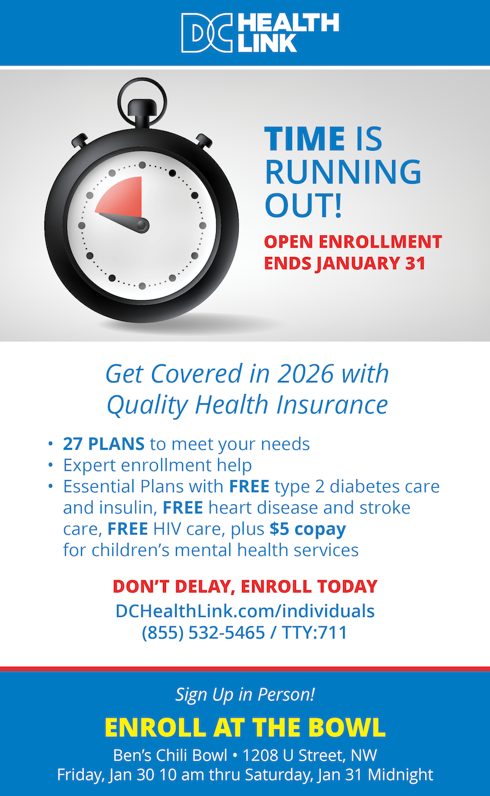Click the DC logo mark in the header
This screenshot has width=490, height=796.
click(206, 32)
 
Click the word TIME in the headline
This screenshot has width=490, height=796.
click(304, 138)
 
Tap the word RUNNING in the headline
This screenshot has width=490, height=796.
click(343, 172)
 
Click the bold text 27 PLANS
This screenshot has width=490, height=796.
click(104, 444)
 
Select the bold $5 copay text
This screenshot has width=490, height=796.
click(307, 528)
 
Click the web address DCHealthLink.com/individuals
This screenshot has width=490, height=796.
click(245, 611)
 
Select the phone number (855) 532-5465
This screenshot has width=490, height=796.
click(203, 632)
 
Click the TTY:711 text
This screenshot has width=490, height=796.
click(314, 632)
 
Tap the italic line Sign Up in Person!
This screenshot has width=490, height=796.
click(245, 694)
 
